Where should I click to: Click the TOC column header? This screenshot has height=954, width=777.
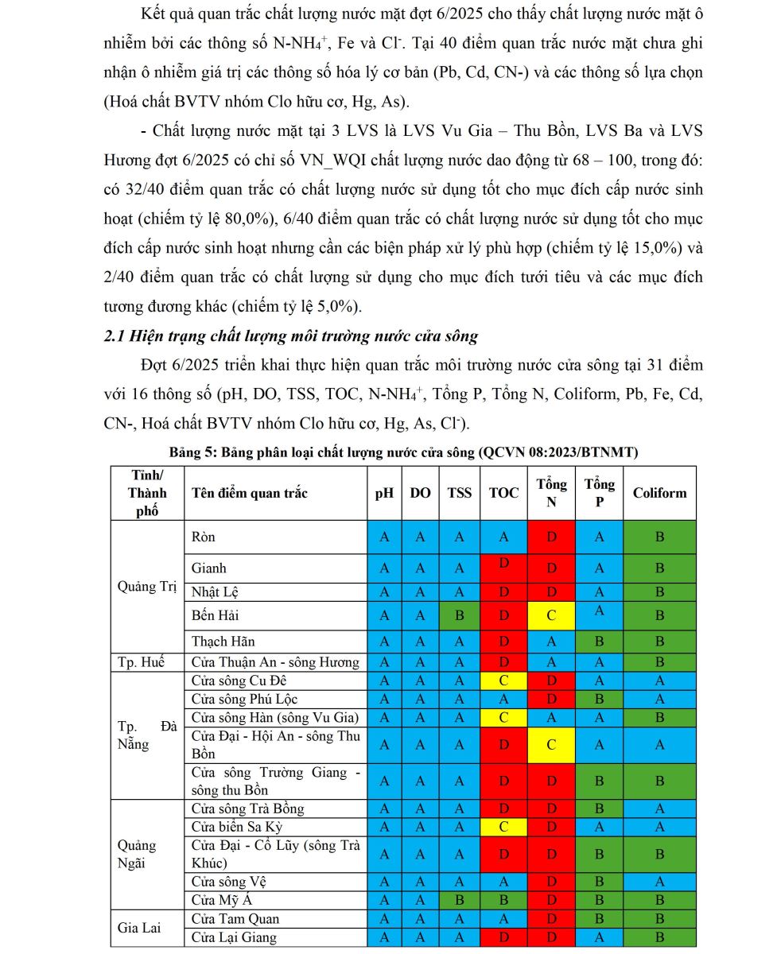pyautogui.click(x=503, y=493)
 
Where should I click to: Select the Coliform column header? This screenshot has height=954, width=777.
pyautogui.click(x=659, y=493)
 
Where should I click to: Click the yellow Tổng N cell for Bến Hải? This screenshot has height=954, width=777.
pyautogui.click(x=551, y=615)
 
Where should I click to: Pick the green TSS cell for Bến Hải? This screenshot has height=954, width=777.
pyautogui.click(x=460, y=615)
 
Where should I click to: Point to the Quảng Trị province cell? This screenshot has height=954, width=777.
pyautogui.click(x=147, y=587)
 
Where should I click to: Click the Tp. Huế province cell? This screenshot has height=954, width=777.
pyautogui.click(x=147, y=662)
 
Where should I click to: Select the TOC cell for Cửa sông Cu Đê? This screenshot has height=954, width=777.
pyautogui.click(x=503, y=681)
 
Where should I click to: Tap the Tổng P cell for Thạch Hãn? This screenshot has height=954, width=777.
pyautogui.click(x=599, y=641)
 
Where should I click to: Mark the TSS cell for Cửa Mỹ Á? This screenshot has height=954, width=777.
pyautogui.click(x=460, y=901)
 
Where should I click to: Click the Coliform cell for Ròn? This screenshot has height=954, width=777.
pyautogui.click(x=659, y=537)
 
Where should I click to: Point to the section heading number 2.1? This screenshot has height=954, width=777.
pyautogui.click(x=116, y=336)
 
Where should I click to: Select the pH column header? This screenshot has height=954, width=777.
pyautogui.click(x=384, y=493)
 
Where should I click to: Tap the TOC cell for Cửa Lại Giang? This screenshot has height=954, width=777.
pyautogui.click(x=503, y=937)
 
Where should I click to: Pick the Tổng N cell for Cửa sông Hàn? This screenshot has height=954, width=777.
pyautogui.click(x=551, y=718)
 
